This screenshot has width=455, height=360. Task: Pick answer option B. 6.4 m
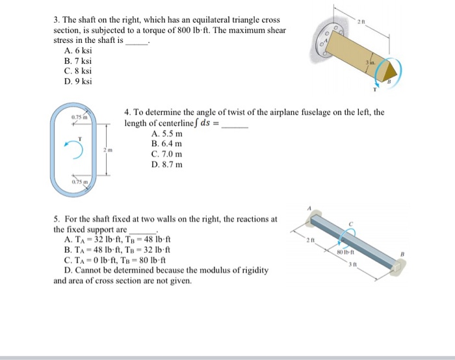(x=166, y=144)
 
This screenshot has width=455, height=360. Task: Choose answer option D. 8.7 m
(x=166, y=164)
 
